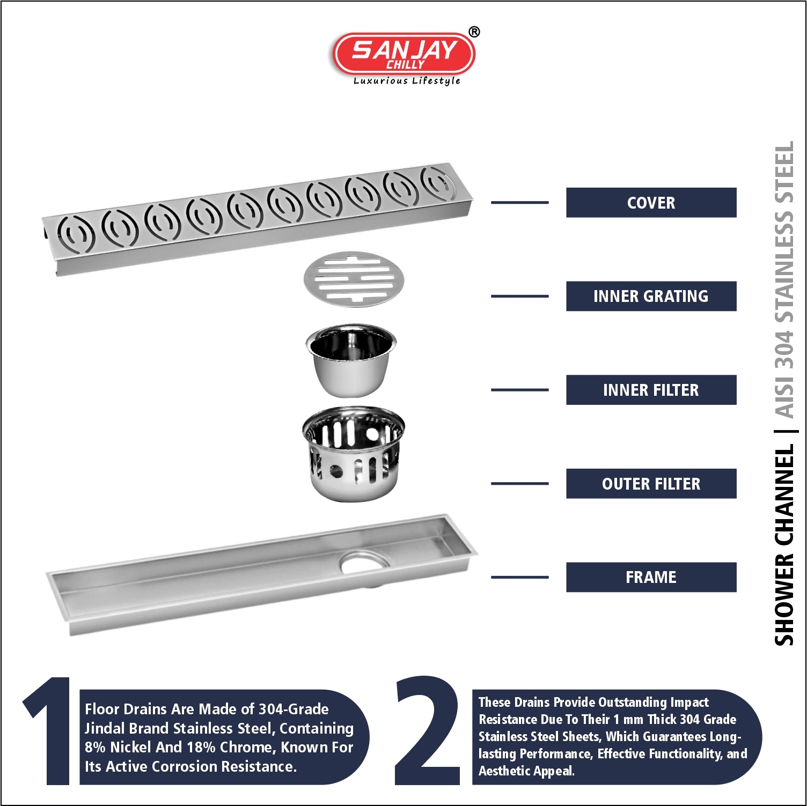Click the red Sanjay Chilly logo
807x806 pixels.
point(403,54)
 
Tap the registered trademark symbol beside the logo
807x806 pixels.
point(474,32)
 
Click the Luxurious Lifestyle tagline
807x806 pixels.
point(407,81)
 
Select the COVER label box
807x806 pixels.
point(651,203)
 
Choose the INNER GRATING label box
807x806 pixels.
point(651,296)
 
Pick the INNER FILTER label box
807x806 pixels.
point(651,390)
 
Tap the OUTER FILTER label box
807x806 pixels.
point(651,484)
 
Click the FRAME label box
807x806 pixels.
point(651,577)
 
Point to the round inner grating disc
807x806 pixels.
point(354,279)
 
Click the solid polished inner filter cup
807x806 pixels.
point(351,360)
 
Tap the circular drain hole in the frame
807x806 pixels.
point(365,563)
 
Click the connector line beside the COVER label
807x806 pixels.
point(519,203)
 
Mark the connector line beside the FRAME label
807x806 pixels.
point(519,577)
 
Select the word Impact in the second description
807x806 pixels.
point(689,703)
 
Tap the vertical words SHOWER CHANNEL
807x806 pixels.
point(784,545)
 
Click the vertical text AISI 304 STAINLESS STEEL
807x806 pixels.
point(784,279)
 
